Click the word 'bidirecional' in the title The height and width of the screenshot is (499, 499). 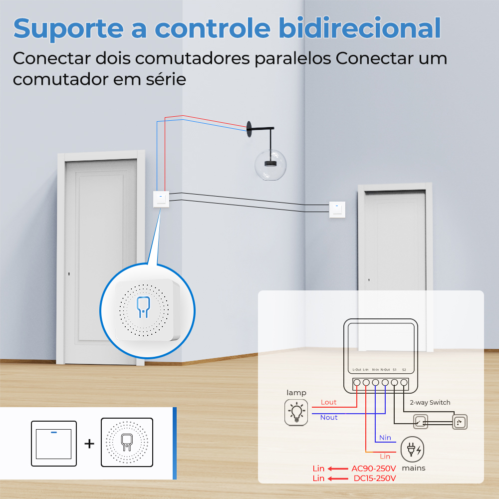360,28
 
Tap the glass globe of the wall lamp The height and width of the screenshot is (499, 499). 270,165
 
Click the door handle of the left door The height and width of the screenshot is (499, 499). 69,273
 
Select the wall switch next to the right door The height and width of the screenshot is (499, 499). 337,210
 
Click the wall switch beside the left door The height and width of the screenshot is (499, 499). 161,199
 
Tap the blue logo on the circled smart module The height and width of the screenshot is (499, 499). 143,307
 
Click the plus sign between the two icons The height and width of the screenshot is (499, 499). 89,443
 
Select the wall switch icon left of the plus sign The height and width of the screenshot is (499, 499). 54,443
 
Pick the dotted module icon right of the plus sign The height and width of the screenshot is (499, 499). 127,442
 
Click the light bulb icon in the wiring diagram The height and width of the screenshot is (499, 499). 296,413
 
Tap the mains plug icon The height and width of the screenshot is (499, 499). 412,449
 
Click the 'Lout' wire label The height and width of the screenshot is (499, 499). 328,402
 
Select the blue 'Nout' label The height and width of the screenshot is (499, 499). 329,418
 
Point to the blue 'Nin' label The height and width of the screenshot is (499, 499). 385,438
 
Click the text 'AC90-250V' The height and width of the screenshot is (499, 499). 374,469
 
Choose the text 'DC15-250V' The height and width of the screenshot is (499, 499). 375,479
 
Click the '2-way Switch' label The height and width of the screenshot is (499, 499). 430,403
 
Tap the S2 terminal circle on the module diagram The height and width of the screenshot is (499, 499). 404,383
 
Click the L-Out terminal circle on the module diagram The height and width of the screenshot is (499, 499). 357,383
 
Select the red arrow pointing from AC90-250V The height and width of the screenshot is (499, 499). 338,469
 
